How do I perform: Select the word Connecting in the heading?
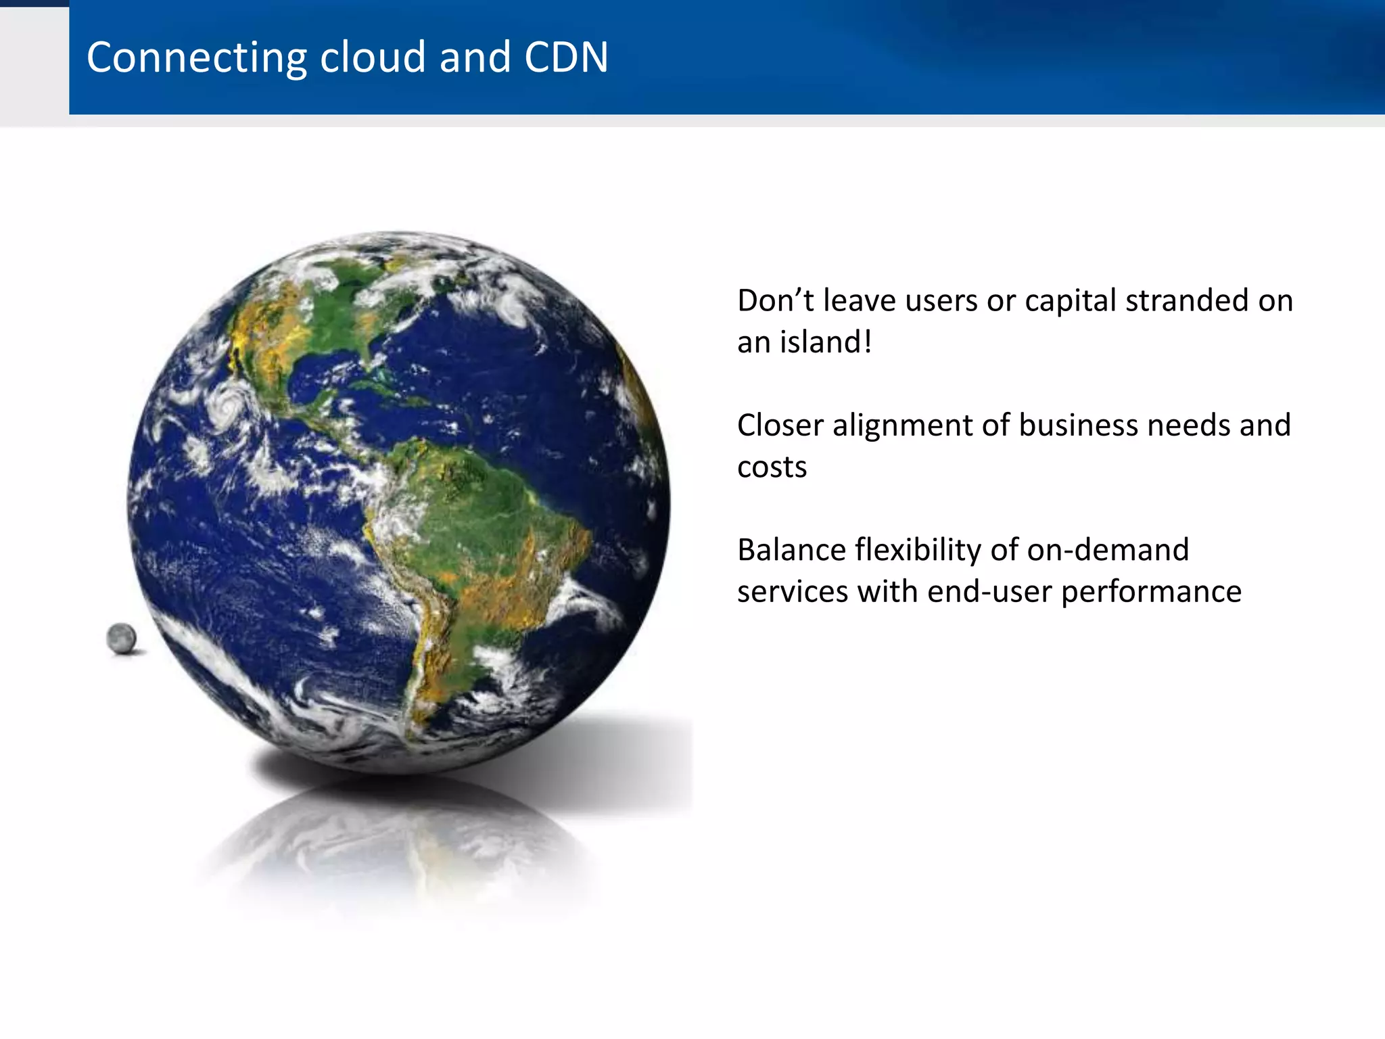[197, 58]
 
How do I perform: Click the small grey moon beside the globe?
[122, 638]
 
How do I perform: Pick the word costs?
[772, 467]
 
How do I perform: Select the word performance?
[1151, 593]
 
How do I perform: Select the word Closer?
[780, 425]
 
